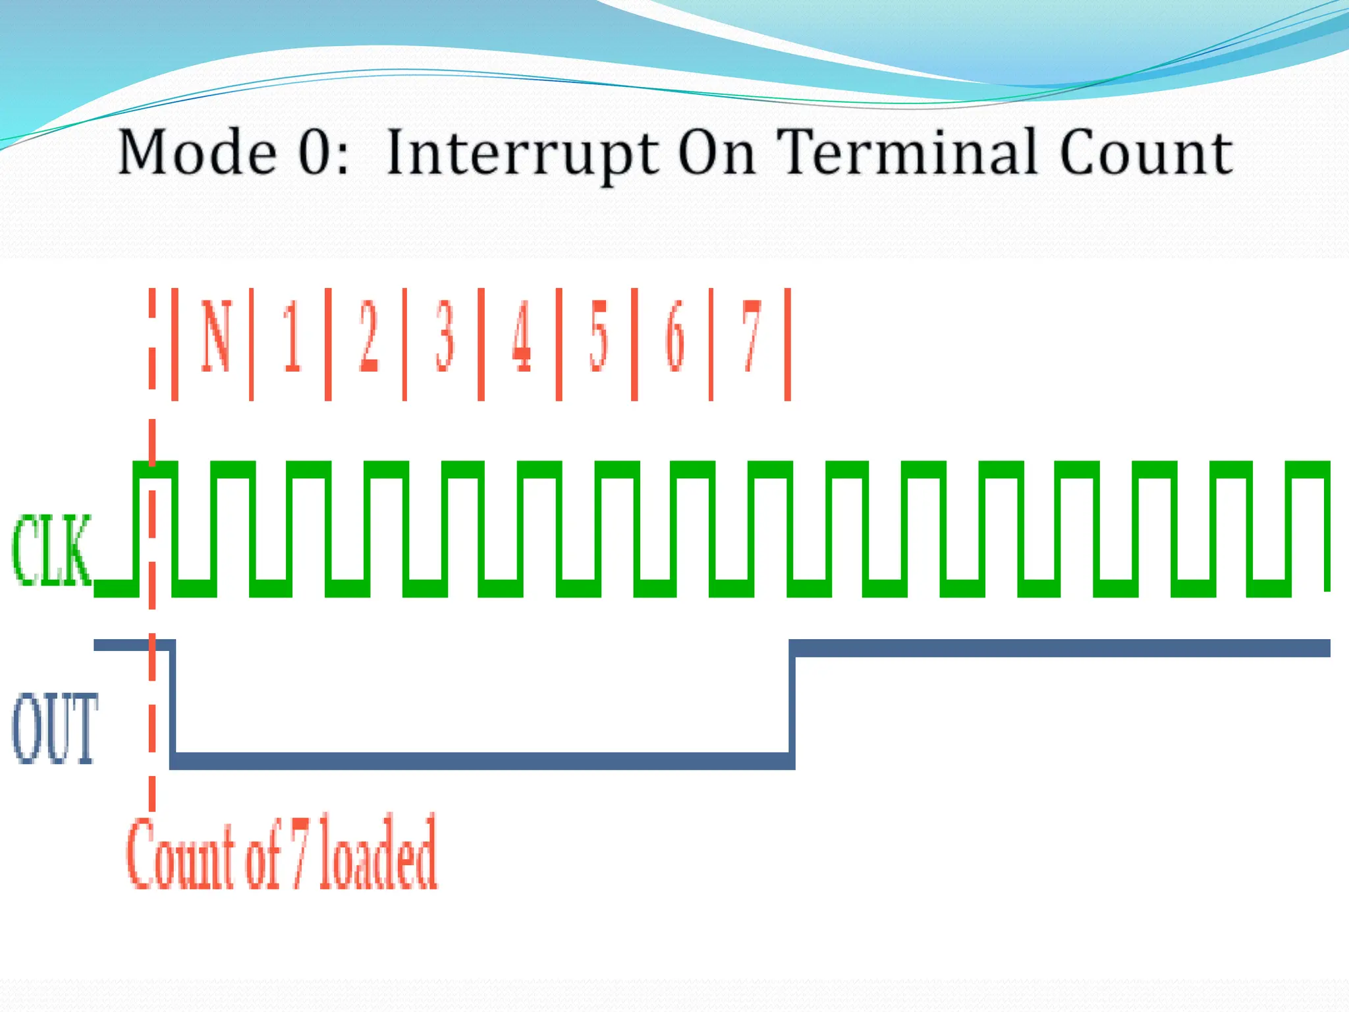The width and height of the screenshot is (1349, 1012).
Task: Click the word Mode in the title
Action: [197, 152]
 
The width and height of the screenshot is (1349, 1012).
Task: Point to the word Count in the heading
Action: [1145, 152]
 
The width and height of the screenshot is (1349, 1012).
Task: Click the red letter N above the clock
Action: [216, 336]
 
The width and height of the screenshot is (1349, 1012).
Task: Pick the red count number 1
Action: [292, 336]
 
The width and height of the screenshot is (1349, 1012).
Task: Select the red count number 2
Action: [368, 336]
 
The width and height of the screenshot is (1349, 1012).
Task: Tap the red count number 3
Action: [445, 336]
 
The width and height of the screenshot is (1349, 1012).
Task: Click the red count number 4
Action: [522, 336]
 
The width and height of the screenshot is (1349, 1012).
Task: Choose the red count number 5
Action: [598, 336]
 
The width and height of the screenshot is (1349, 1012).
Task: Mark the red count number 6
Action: [675, 336]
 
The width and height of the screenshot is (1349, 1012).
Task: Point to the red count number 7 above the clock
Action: [752, 336]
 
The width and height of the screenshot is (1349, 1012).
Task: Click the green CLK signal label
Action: [51, 551]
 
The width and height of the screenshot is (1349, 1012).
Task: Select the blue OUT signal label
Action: [55, 728]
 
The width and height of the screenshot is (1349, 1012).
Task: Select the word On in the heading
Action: [716, 152]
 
